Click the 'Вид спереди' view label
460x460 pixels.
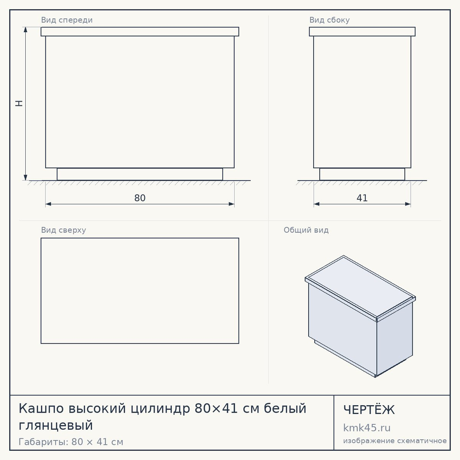pyautogui.click(x=67, y=20)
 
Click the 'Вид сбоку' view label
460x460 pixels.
pyautogui.click(x=329, y=20)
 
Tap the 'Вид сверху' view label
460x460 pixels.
pyautogui.click(x=63, y=230)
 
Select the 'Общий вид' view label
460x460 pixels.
pyautogui.click(x=306, y=230)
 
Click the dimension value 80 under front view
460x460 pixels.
pyautogui.click(x=140, y=198)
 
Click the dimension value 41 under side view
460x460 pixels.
pyautogui.click(x=362, y=198)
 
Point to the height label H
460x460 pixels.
pyautogui.click(x=19, y=103)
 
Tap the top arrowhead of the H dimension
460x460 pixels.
pyautogui.click(x=25, y=29)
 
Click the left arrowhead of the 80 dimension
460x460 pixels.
pyautogui.click(x=48, y=204)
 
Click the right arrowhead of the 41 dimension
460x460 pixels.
pyautogui.click(x=408, y=204)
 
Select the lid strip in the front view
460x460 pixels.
pyautogui.click(x=140, y=32)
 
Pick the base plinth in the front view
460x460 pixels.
pyautogui.click(x=140, y=174)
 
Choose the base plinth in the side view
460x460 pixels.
pyautogui.click(x=362, y=174)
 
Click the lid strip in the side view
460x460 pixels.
pyautogui.click(x=362, y=32)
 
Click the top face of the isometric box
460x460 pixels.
pyautogui.click(x=360, y=287)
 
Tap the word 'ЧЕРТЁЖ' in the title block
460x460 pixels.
pyautogui.click(x=369, y=410)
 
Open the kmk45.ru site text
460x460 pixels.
pyautogui.click(x=367, y=428)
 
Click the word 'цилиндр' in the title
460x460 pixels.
pyautogui.click(x=161, y=409)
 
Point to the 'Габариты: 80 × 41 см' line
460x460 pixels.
pyautogui.click(x=71, y=442)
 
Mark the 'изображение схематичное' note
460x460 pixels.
pyautogui.click(x=395, y=441)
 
